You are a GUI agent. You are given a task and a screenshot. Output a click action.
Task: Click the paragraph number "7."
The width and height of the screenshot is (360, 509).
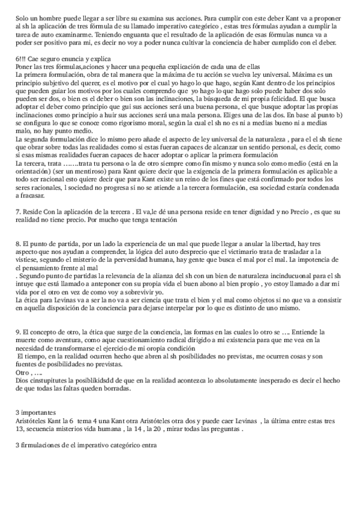(19, 212)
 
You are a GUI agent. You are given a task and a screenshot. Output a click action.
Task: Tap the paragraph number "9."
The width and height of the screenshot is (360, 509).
(19, 331)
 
